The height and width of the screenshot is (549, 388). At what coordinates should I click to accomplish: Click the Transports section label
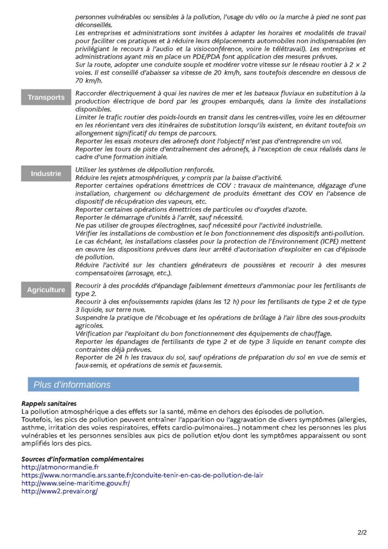(46, 98)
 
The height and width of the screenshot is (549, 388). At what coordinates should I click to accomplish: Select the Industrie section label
(46, 174)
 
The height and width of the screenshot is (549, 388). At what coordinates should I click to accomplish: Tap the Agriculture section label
(46, 290)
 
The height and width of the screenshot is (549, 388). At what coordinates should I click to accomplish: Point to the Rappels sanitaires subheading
(49, 403)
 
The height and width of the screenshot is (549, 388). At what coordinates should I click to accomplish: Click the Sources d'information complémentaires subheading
(83, 459)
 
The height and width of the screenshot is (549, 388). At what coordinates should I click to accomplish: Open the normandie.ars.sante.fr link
(142, 476)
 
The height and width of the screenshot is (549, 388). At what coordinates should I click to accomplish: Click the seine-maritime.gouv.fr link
(76, 483)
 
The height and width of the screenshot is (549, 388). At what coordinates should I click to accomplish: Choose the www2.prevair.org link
(59, 491)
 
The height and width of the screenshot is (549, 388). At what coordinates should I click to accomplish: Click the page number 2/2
(362, 533)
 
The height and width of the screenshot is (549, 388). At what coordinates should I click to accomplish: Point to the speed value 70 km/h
(88, 80)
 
